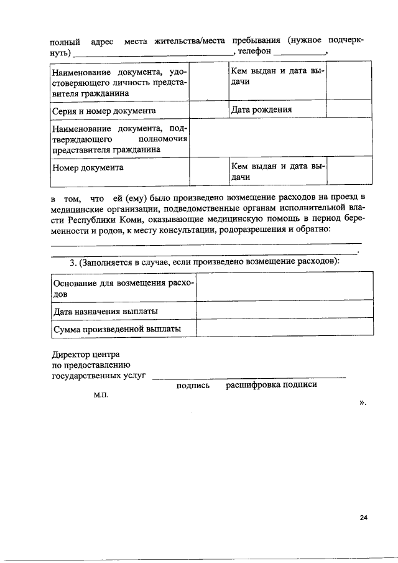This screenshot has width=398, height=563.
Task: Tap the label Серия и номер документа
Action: point(103,111)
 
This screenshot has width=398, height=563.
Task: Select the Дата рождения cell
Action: point(262,110)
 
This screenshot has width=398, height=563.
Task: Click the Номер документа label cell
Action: point(88,167)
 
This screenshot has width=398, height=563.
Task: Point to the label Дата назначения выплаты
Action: point(105,310)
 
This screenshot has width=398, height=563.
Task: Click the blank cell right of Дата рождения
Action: point(349,110)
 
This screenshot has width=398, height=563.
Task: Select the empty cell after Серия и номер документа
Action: point(207,110)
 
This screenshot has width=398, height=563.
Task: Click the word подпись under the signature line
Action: point(193,384)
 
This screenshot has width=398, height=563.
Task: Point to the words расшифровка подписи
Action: point(271,384)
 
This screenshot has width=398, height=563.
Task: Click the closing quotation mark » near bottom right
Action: point(363,402)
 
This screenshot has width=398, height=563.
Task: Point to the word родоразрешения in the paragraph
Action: point(247,230)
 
